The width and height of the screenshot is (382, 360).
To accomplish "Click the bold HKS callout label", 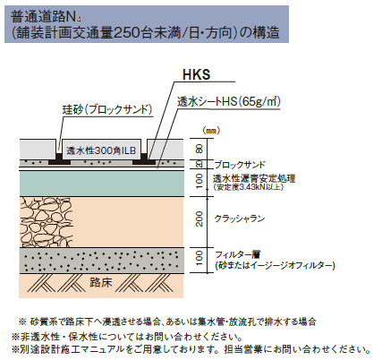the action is coord(196,74).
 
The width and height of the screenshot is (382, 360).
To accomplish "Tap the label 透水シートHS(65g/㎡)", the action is coord(229,102).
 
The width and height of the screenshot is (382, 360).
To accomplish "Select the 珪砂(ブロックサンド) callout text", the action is coord(107,110).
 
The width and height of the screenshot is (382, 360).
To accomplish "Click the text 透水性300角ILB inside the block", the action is coord(101,150).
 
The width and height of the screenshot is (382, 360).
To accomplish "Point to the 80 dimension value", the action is coord(199,149).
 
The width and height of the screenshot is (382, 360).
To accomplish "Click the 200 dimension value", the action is coord(199,219).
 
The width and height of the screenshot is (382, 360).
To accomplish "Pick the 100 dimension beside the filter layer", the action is coord(199,258).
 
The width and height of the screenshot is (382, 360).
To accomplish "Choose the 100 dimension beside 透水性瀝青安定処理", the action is coord(199,181).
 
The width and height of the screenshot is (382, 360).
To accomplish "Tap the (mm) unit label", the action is coord(211,131).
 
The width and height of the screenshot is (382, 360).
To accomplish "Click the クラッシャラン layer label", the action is coord(240,219).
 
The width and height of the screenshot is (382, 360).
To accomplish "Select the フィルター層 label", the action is coord(238,254).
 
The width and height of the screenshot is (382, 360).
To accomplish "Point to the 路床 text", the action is coord(101,282).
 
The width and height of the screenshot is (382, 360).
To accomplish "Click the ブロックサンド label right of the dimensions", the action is coord(240,165).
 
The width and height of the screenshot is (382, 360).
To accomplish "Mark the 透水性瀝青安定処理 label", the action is coord(254,178).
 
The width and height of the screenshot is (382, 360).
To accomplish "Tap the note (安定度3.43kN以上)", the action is coord(248,187).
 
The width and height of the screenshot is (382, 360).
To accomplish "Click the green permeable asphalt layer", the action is coord(101,184).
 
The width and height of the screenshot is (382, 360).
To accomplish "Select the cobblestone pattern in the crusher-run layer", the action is coord(46,221).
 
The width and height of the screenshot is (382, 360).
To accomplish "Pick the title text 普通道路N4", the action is coord(47,17).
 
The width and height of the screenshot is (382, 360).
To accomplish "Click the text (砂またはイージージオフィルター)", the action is coord(275,265).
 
